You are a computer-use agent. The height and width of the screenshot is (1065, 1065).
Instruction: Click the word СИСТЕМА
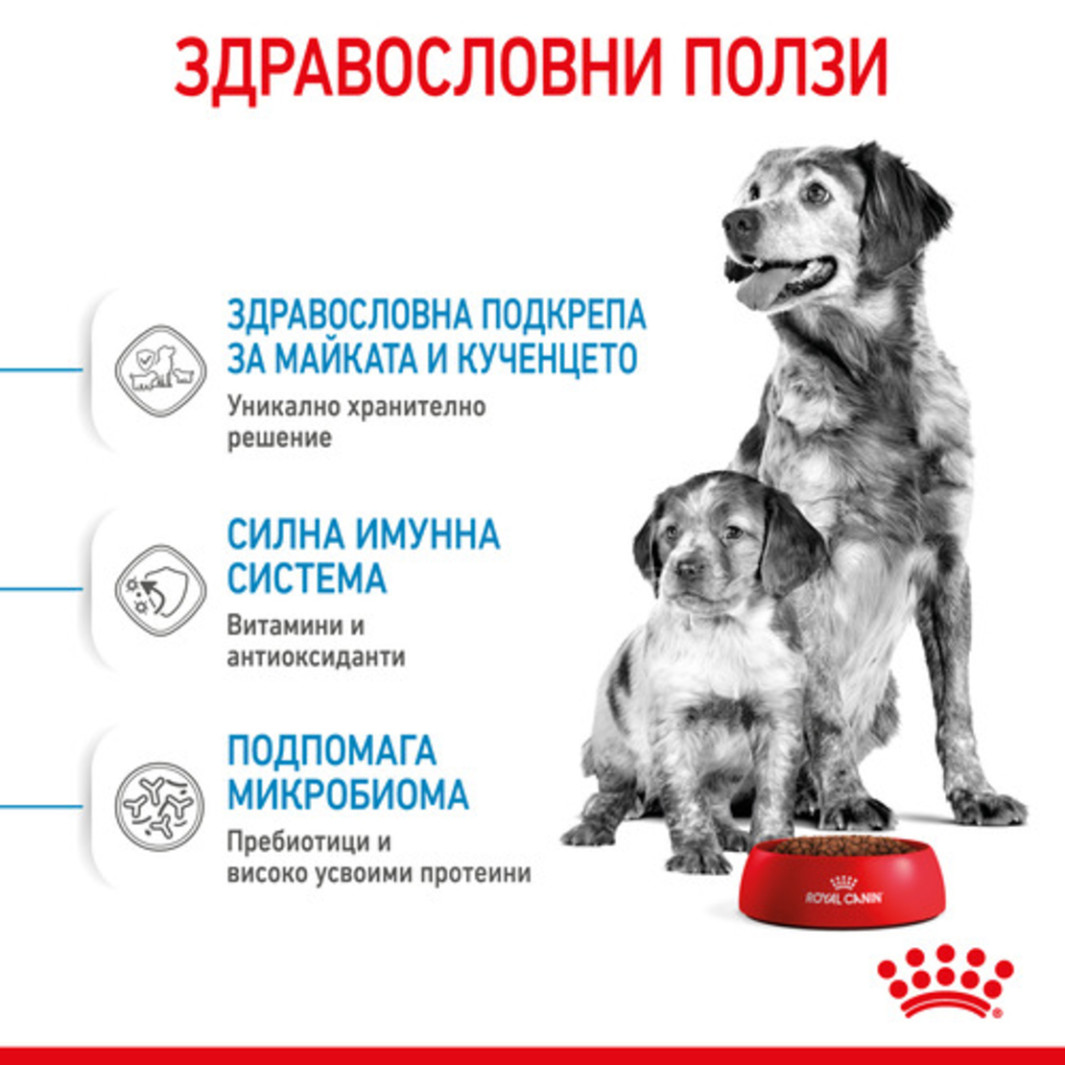pyautogui.click(x=307, y=579)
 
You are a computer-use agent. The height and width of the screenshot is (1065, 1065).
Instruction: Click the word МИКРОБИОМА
pyautogui.click(x=347, y=795)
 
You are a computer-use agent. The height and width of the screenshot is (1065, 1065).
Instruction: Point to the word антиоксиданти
pyautogui.click(x=317, y=657)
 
